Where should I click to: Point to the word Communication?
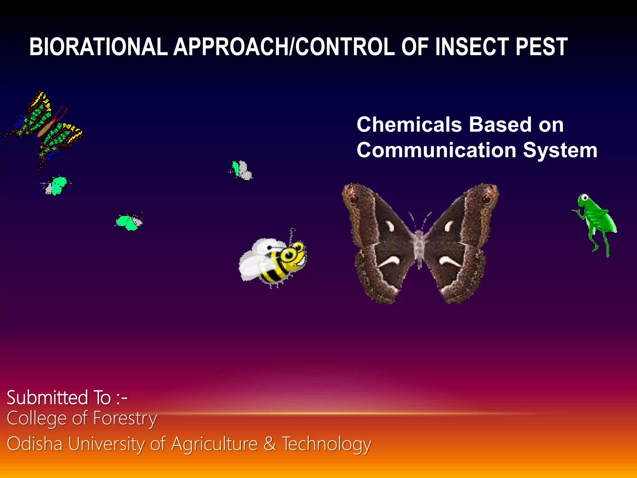click(x=436, y=150)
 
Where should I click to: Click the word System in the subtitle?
click(x=560, y=150)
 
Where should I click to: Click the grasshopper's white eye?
click(x=585, y=198)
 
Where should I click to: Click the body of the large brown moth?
click(x=420, y=246)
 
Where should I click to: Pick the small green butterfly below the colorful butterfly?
click(x=56, y=186)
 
